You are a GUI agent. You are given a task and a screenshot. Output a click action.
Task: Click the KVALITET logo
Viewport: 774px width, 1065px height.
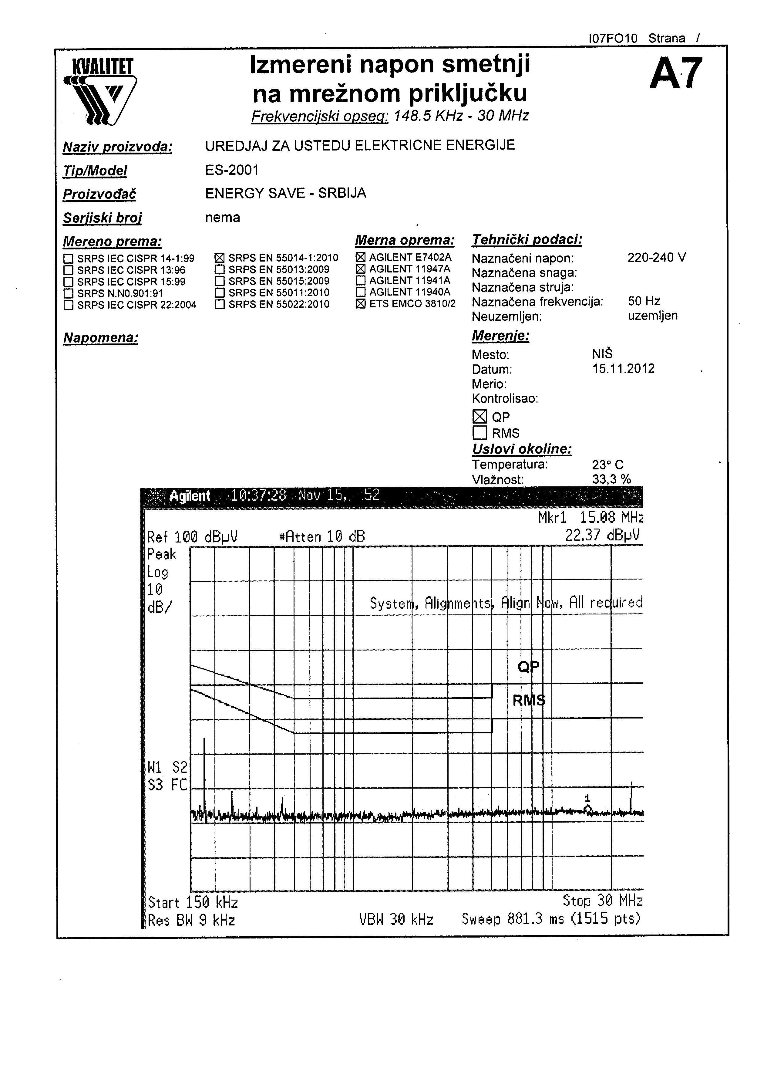tap(101, 92)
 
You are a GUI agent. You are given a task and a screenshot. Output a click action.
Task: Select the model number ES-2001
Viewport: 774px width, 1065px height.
tap(232, 170)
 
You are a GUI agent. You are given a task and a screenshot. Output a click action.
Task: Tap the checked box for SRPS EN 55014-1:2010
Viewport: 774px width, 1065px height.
tap(219, 258)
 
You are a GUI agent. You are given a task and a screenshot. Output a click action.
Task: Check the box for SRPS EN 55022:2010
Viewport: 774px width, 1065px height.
tap(219, 304)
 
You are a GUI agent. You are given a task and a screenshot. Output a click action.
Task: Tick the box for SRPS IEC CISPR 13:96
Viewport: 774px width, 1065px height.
tap(69, 270)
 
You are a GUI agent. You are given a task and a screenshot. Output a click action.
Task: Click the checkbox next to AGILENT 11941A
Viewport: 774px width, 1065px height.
tap(361, 280)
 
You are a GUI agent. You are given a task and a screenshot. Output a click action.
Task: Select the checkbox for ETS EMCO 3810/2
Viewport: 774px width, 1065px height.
tap(361, 303)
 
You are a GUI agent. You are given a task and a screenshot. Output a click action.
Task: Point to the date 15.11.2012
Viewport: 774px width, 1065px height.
tap(623, 369)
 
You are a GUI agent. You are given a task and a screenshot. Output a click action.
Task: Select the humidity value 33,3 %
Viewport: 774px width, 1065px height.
tap(611, 479)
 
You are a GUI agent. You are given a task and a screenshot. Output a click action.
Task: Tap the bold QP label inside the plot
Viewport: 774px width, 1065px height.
tap(529, 667)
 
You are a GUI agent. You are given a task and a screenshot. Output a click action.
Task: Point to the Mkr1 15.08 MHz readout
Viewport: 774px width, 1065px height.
tap(590, 518)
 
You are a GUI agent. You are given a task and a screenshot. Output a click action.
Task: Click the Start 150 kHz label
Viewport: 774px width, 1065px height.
tap(193, 903)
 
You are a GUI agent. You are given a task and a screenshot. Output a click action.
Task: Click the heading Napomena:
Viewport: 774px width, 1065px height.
tap(100, 338)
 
